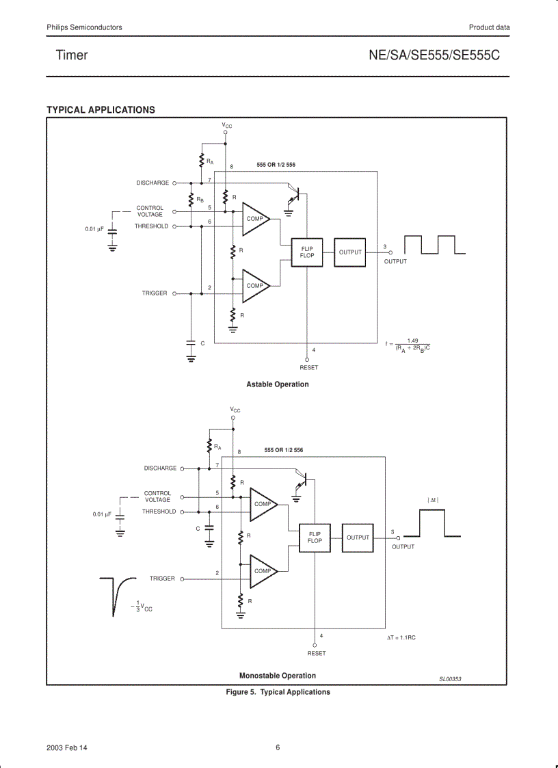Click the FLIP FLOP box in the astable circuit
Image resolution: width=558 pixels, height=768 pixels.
pyautogui.click(x=307, y=252)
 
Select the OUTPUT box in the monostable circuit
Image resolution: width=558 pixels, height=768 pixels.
pyautogui.click(x=358, y=538)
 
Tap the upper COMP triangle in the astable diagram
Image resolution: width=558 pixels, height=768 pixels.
pyautogui.click(x=254, y=219)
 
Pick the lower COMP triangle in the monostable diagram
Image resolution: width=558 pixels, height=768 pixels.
pyautogui.click(x=262, y=571)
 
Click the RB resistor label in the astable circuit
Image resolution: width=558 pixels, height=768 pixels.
pyautogui.click(x=200, y=200)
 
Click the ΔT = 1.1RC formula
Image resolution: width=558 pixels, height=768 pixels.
pyautogui.click(x=401, y=637)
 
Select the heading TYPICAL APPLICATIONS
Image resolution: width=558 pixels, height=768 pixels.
pyautogui.click(x=101, y=109)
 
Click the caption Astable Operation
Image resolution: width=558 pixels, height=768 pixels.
pyautogui.click(x=278, y=384)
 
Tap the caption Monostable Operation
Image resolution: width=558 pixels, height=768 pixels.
pyautogui.click(x=278, y=676)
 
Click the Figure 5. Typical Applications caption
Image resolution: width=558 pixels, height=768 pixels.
pyautogui.click(x=278, y=692)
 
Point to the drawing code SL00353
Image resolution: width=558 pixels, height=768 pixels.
pyautogui.click(x=450, y=679)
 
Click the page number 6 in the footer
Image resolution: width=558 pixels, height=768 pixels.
pyautogui.click(x=278, y=747)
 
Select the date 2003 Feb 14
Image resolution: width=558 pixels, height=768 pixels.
pyautogui.click(x=67, y=747)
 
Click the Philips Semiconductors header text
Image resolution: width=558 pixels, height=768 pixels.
pyautogui.click(x=84, y=27)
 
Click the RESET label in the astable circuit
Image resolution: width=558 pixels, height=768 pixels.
pyautogui.click(x=308, y=368)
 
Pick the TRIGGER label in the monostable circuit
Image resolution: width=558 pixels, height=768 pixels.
pyautogui.click(x=162, y=579)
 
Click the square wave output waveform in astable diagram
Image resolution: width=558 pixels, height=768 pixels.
pyautogui.click(x=435, y=246)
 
